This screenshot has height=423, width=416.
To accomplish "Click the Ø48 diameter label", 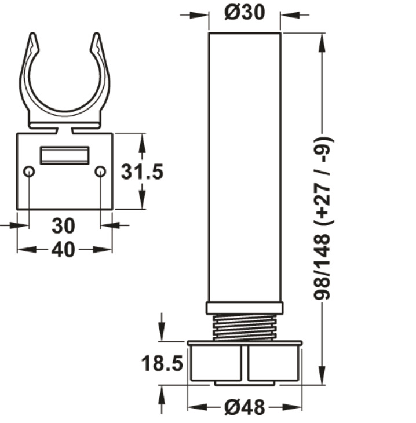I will coord(245,407).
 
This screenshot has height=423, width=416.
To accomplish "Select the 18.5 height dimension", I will coord(162,364).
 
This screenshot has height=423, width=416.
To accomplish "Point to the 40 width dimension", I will coord(64,249).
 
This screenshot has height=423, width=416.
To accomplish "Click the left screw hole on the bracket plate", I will coord(29,172).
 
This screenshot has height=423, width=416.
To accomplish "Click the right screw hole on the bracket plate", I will coord(100,172).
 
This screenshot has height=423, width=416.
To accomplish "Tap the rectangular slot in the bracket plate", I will coord(64,155).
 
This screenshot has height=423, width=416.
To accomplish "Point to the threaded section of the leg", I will coord(244,327).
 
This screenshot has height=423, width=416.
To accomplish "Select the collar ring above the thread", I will coord(244,308).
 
